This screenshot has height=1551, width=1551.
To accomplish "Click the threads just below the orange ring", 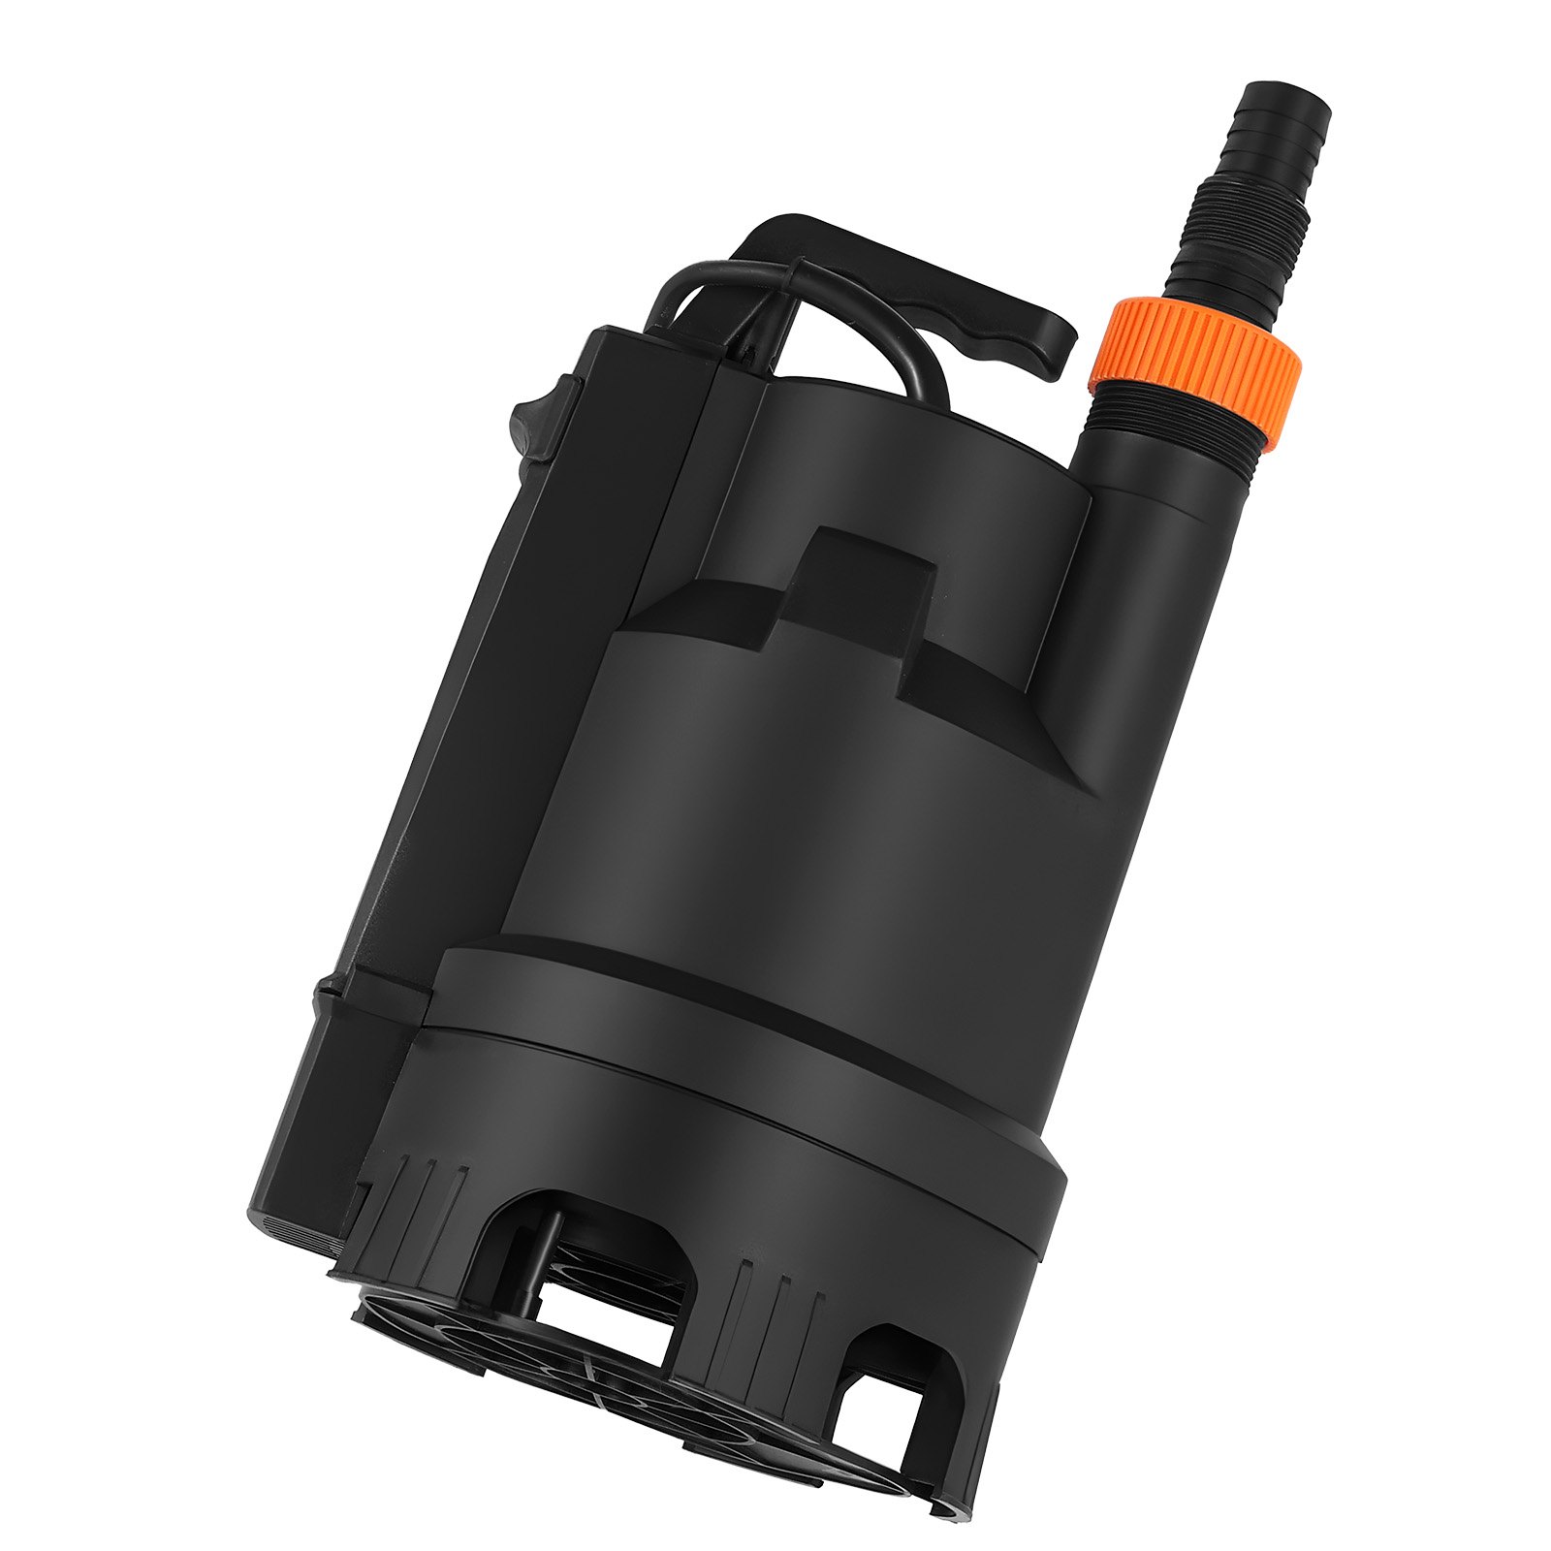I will point(1178,422).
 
